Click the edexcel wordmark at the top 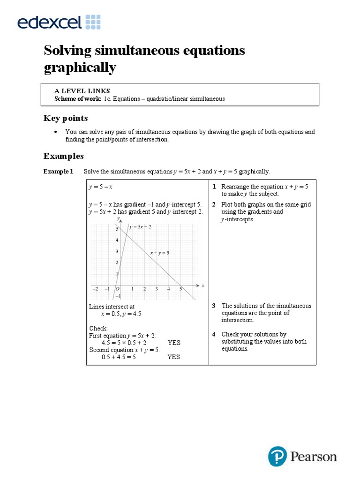[x=50, y=22]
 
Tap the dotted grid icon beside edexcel [x=93, y=22]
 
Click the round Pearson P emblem [x=277, y=456]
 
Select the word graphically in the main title [x=80, y=68]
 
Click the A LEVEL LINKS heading [x=82, y=91]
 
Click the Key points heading [x=66, y=118]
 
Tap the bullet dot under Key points [x=56, y=132]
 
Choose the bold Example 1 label [x=59, y=172]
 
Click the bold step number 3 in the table [x=213, y=306]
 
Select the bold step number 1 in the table [x=213, y=187]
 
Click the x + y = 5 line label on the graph [x=159, y=253]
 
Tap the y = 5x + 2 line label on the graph [x=141, y=227]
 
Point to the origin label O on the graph [x=117, y=289]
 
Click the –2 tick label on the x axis [x=96, y=289]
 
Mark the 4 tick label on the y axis [x=117, y=240]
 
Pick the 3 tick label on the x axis [x=157, y=289]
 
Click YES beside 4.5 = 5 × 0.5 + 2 [x=174, y=343]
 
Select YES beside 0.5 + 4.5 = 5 [x=174, y=357]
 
